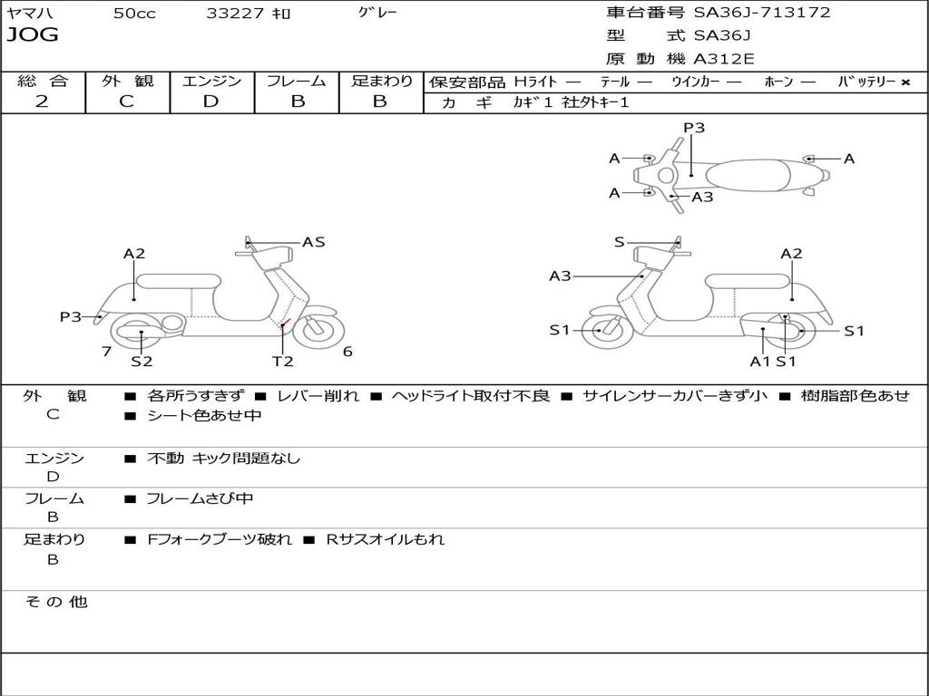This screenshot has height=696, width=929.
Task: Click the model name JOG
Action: pyautogui.click(x=32, y=35)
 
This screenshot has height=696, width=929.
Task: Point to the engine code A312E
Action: pyautogui.click(x=723, y=59)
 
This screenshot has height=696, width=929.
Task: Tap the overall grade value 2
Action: pyautogui.click(x=42, y=101)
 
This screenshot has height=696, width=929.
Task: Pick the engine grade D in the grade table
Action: pyautogui.click(x=210, y=101)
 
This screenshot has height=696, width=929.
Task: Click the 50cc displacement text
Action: pyautogui.click(x=134, y=14)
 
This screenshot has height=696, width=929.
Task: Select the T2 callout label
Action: pyautogui.click(x=283, y=361)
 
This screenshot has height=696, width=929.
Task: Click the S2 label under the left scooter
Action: pyautogui.click(x=142, y=362)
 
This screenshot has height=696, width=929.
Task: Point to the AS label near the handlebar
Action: pyautogui.click(x=314, y=242)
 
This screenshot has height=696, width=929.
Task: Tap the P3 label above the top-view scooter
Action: pyautogui.click(x=694, y=128)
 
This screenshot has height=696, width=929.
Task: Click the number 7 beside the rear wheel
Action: pyautogui.click(x=106, y=351)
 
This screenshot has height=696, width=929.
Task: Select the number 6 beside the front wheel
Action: pyautogui.click(x=347, y=352)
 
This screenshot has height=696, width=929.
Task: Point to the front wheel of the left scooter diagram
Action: pyautogui.click(x=318, y=330)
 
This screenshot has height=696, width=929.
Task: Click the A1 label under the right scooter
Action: pyautogui.click(x=759, y=361)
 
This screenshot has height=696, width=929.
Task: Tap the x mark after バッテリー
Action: pyautogui.click(x=905, y=82)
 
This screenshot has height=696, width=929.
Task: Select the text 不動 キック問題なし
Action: pyautogui.click(x=223, y=459)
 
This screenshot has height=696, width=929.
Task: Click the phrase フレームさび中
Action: pyautogui.click(x=200, y=498)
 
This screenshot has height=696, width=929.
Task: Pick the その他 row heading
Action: pyautogui.click(x=55, y=602)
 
